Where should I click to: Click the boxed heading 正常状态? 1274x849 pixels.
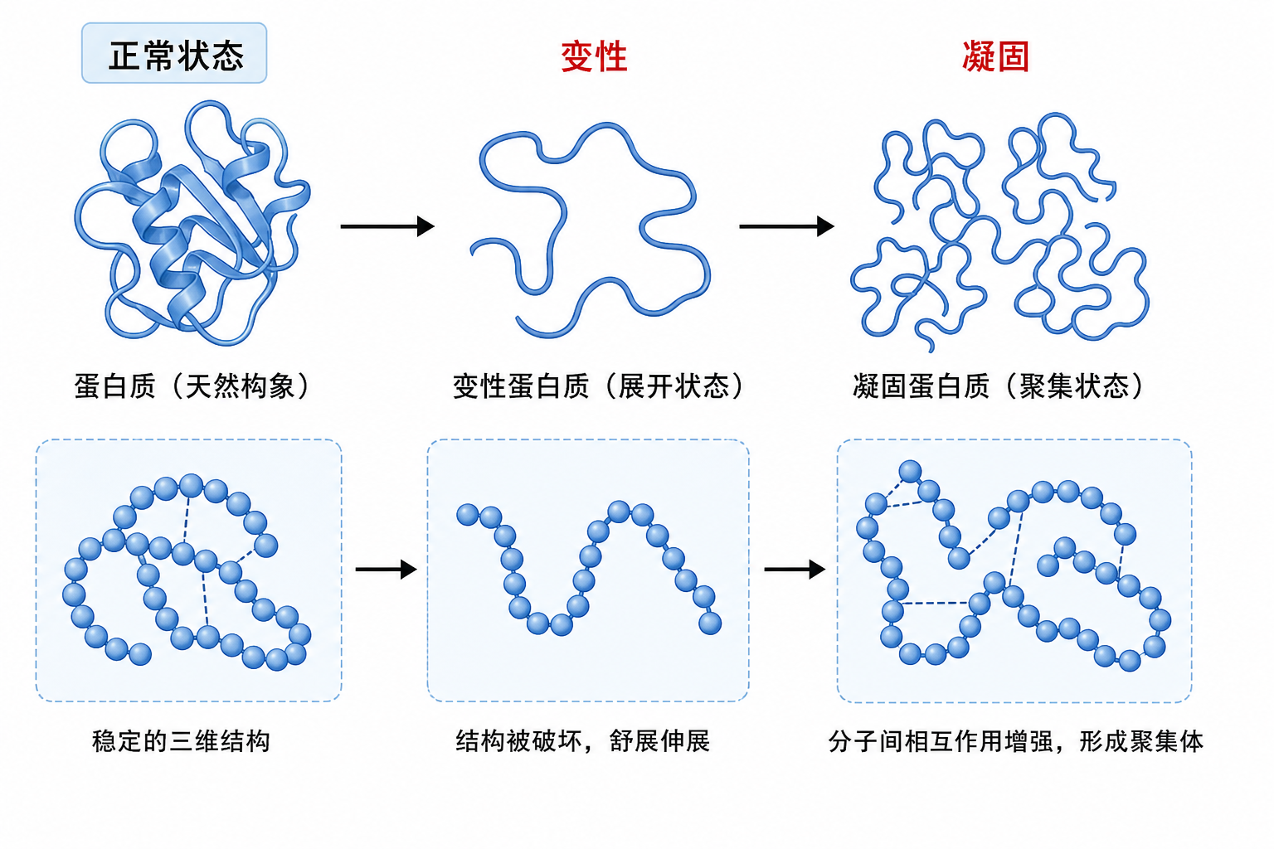[x=174, y=54]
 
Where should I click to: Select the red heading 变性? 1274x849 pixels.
[x=595, y=56]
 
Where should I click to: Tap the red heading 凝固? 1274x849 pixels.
[x=995, y=56]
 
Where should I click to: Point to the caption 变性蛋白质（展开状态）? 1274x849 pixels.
[x=598, y=386]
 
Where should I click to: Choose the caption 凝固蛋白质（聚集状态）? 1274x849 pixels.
[x=998, y=386]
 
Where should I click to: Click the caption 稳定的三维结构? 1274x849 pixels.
[x=181, y=741]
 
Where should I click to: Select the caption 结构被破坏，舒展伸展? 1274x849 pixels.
[x=583, y=741]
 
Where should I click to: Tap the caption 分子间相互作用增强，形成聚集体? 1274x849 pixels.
[x=1016, y=741]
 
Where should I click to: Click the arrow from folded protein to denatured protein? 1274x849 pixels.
[x=387, y=226]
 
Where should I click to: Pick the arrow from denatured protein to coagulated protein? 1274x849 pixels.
[x=786, y=226]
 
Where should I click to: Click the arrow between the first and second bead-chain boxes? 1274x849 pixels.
[x=387, y=570]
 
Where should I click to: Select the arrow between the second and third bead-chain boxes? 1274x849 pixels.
[x=795, y=570]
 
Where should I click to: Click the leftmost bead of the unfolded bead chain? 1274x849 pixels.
[x=468, y=515]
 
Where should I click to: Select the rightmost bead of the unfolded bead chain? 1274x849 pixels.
[x=710, y=623]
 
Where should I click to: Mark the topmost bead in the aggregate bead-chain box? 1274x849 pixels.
[x=910, y=472]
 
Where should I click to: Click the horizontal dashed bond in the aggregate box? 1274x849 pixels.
[x=936, y=603]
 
